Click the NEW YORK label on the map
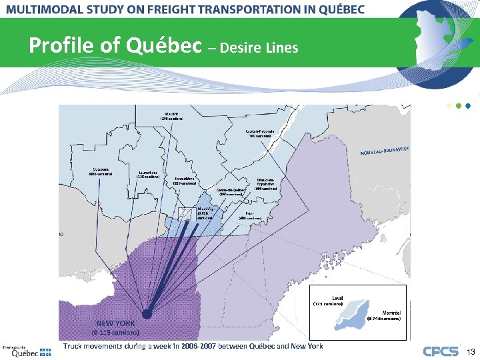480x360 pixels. point(115,323)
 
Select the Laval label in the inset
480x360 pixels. point(339,297)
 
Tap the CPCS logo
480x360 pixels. point(441,351)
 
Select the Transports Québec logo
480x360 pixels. point(25,352)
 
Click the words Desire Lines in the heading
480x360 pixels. point(259,47)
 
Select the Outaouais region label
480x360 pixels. point(101,171)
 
